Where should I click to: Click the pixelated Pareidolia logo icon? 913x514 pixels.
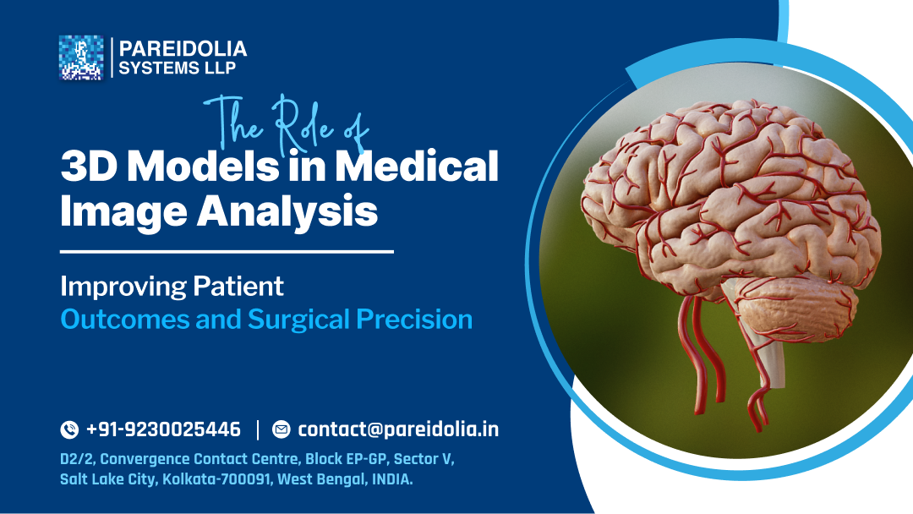pyautogui.click(x=81, y=57)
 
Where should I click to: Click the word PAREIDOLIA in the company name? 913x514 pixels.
pyautogui.click(x=183, y=49)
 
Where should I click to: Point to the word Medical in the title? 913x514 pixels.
pyautogui.click(x=417, y=167)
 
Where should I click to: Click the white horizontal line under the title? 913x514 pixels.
pyautogui.click(x=227, y=251)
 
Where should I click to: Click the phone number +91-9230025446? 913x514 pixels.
pyautogui.click(x=163, y=429)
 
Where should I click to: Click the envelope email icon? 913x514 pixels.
pyautogui.click(x=281, y=429)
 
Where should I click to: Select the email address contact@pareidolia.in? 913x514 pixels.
pyautogui.click(x=398, y=429)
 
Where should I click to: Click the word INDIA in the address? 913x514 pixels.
pyautogui.click(x=391, y=479)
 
